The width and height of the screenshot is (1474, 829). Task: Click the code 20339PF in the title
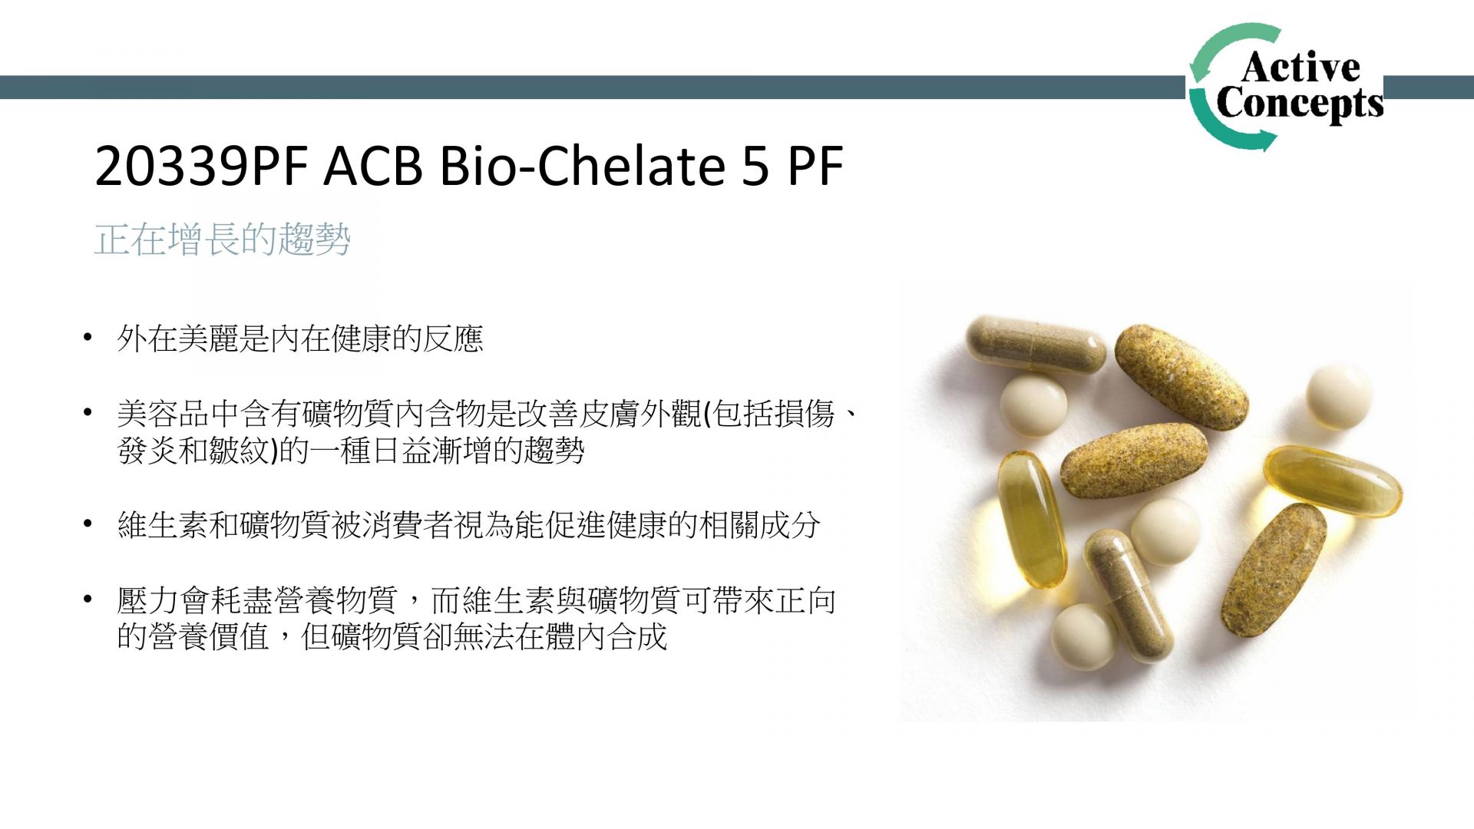[x=201, y=166]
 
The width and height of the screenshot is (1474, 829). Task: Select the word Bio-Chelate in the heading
[x=582, y=166]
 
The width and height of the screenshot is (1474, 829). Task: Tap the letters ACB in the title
[x=373, y=166]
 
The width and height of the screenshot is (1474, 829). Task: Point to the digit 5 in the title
[x=755, y=166]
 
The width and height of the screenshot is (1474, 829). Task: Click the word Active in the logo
[x=1300, y=67]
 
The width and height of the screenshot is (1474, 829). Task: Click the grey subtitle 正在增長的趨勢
[x=223, y=239]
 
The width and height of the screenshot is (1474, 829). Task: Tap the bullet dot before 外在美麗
[x=88, y=338]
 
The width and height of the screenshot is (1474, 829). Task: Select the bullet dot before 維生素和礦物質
[x=88, y=525]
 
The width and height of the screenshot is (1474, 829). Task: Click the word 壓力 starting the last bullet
[x=148, y=600]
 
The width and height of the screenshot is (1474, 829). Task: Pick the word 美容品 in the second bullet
[x=163, y=414]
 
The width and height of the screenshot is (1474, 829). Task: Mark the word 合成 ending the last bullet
[x=637, y=637]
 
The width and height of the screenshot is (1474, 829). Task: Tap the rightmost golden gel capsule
[x=1333, y=481]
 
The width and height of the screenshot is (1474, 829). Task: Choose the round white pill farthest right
[x=1339, y=396]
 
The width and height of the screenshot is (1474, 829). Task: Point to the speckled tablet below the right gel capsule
[x=1273, y=570]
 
